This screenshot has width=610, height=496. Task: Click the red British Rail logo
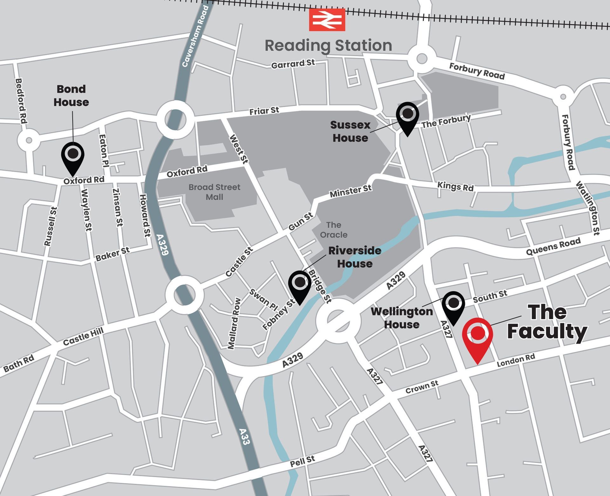click(327, 20)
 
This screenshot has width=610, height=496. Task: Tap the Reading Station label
click(328, 45)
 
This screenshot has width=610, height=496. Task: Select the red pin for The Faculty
click(478, 335)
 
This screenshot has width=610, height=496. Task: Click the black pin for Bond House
click(73, 156)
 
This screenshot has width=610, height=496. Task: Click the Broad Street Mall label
click(214, 192)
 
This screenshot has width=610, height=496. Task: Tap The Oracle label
click(333, 230)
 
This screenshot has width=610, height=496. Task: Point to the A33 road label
click(245, 436)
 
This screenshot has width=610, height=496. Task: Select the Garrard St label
click(293, 64)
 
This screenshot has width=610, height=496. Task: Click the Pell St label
click(302, 461)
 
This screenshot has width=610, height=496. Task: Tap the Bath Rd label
click(19, 364)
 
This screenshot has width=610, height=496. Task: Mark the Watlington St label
click(588, 208)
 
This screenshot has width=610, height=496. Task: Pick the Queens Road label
click(553, 246)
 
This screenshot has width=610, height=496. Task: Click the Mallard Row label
click(234, 324)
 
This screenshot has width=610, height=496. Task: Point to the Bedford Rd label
click(21, 101)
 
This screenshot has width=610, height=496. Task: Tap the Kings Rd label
click(455, 186)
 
